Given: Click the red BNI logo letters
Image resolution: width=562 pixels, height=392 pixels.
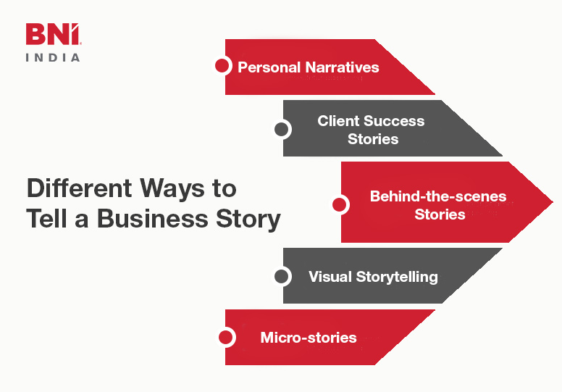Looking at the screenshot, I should coord(53,35).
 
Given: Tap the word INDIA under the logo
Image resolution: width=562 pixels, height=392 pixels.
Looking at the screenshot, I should coord(53,57).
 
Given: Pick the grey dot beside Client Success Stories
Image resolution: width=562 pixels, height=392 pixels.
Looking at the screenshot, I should coord(281,130).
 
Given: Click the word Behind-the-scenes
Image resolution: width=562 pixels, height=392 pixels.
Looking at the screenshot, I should coord(438,196).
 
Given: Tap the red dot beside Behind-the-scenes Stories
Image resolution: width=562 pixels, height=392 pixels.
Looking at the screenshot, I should coord(339,205).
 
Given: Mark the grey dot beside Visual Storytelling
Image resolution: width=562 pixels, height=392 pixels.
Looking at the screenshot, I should coord(281,276).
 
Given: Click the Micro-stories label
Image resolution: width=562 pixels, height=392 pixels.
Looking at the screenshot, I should coord(309,338).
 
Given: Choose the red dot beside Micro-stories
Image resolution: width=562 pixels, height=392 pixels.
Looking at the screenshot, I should coord(225,337).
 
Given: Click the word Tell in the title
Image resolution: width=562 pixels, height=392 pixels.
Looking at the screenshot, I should coord(50,220).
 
